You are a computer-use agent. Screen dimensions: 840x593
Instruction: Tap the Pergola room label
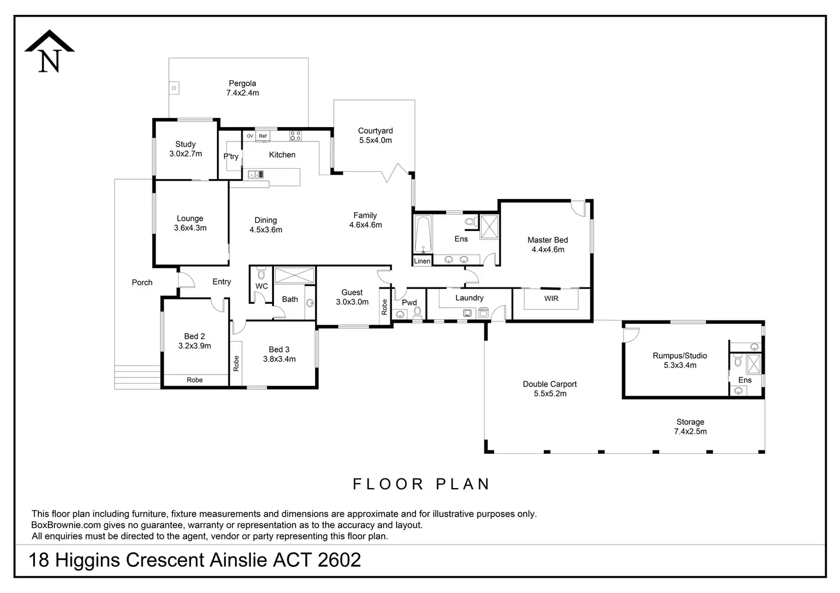tap(243, 83)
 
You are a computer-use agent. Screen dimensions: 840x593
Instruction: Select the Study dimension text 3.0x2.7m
tap(185, 154)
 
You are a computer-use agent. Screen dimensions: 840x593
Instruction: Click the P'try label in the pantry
tap(231, 157)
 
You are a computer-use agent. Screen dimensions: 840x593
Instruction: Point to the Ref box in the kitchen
tap(262, 136)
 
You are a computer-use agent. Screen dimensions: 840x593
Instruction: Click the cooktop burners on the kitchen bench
tap(295, 136)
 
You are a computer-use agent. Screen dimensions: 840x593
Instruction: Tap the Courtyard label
tap(375, 131)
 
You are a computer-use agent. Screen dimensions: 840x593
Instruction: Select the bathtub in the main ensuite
tap(423, 234)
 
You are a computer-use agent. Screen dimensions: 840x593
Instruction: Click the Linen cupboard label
tap(422, 261)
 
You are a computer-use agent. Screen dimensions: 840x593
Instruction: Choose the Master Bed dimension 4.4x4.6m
tap(548, 250)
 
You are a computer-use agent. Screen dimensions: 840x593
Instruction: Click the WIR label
tap(551, 298)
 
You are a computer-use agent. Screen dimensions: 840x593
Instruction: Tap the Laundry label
tap(470, 298)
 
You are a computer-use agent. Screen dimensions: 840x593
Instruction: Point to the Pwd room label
tap(409, 303)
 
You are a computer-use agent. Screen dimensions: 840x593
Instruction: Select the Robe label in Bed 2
tap(195, 380)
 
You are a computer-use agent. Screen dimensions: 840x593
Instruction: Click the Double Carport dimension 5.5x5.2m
tap(550, 393)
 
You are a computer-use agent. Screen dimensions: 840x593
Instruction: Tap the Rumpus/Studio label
tap(680, 356)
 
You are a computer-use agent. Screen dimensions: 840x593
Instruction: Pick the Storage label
tap(690, 422)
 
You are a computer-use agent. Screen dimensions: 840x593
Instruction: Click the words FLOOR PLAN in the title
tap(422, 484)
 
